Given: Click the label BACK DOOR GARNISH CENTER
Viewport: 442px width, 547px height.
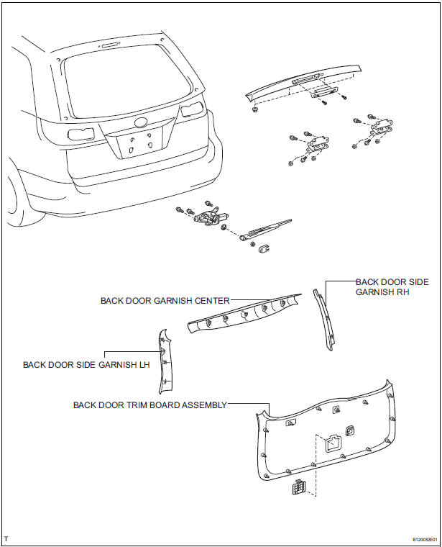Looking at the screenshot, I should [x=165, y=301].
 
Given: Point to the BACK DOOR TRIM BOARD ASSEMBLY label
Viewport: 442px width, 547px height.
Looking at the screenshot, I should [x=149, y=405].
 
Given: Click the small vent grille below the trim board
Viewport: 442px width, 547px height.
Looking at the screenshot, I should [x=298, y=489].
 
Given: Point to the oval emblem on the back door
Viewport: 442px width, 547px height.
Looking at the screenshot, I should [x=140, y=122].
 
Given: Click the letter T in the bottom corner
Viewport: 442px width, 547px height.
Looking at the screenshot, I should [x=6, y=538].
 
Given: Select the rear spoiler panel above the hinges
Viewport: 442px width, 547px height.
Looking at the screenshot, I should [x=302, y=83].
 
